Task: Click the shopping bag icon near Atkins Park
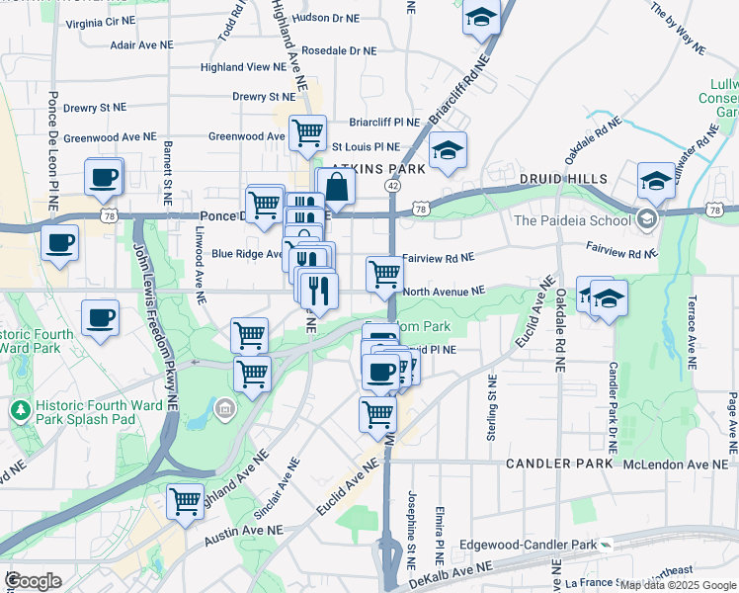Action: (x=336, y=187)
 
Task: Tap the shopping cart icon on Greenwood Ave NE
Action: (x=308, y=131)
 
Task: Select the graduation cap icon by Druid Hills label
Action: (x=656, y=180)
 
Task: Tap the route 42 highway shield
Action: (x=393, y=185)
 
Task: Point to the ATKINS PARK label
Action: (x=377, y=168)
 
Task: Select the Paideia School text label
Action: (x=572, y=220)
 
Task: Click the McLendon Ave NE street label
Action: (x=680, y=464)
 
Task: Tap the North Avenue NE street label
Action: (x=444, y=292)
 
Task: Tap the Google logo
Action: (x=34, y=580)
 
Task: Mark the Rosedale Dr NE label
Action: (x=338, y=50)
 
